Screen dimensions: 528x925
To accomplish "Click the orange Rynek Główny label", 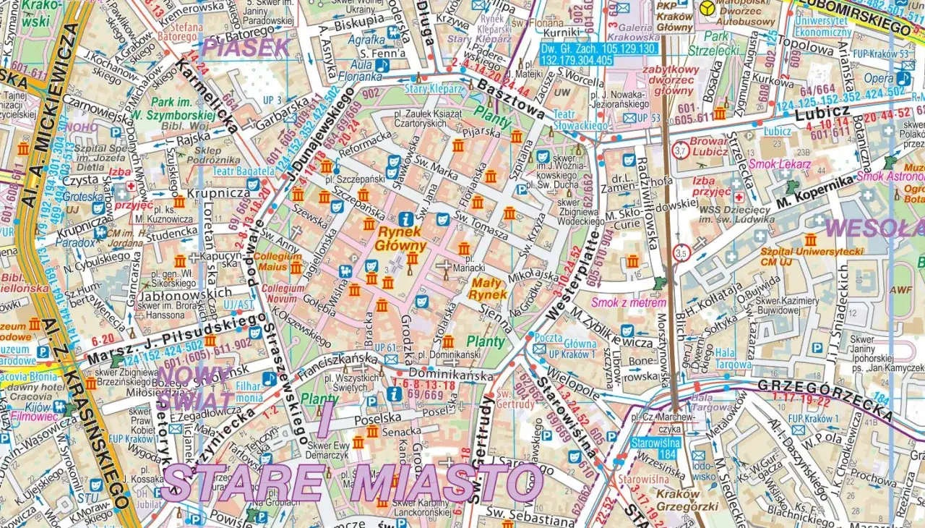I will [x=402, y=239].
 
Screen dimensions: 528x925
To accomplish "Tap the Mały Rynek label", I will [x=487, y=289].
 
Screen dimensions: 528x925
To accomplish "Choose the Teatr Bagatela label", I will [x=244, y=171].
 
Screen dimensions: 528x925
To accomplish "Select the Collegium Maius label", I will [x=277, y=261].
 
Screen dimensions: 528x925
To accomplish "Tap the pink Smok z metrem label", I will [x=627, y=302].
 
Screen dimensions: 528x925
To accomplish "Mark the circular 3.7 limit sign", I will [x=679, y=151].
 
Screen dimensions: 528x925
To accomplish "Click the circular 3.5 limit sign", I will [x=681, y=253].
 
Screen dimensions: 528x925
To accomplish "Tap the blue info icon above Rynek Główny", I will [x=407, y=218].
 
